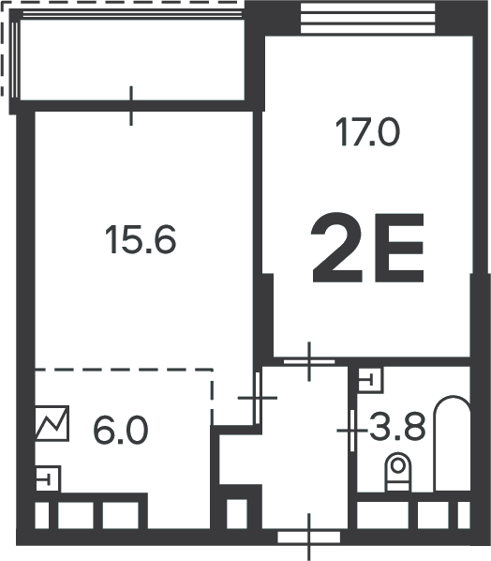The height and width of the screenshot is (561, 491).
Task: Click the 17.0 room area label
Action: [x=367, y=132]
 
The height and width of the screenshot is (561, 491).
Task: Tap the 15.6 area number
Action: [x=141, y=239]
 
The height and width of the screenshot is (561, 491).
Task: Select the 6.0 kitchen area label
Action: [x=121, y=431]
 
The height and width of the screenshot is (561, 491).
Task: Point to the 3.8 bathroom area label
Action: [x=397, y=427]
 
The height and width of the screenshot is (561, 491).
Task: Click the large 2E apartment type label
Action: [x=367, y=248]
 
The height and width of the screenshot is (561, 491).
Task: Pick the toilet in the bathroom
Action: [x=397, y=472]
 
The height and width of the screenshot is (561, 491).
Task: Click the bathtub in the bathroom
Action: [x=452, y=444]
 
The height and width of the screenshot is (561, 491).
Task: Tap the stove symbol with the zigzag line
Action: [x=52, y=423]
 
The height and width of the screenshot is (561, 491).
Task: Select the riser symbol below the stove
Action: [x=48, y=478]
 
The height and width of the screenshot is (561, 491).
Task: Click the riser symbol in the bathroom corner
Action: [x=370, y=380]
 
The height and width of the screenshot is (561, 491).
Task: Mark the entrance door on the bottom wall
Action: [x=309, y=537]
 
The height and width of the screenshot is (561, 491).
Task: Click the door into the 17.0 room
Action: [x=309, y=362]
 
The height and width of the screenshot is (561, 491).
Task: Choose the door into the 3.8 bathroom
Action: [x=352, y=431]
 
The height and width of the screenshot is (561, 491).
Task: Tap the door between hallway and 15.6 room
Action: [x=258, y=398]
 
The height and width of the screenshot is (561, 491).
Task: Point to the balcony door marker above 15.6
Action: [x=131, y=106]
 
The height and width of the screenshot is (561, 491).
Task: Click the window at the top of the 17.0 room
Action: [x=368, y=18]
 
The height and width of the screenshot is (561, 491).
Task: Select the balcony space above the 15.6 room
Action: [x=132, y=60]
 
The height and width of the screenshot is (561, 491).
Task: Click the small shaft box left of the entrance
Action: [x=237, y=513]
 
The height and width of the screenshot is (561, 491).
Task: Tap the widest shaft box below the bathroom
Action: [x=382, y=514]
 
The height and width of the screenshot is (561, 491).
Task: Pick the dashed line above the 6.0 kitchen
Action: [x=124, y=369]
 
